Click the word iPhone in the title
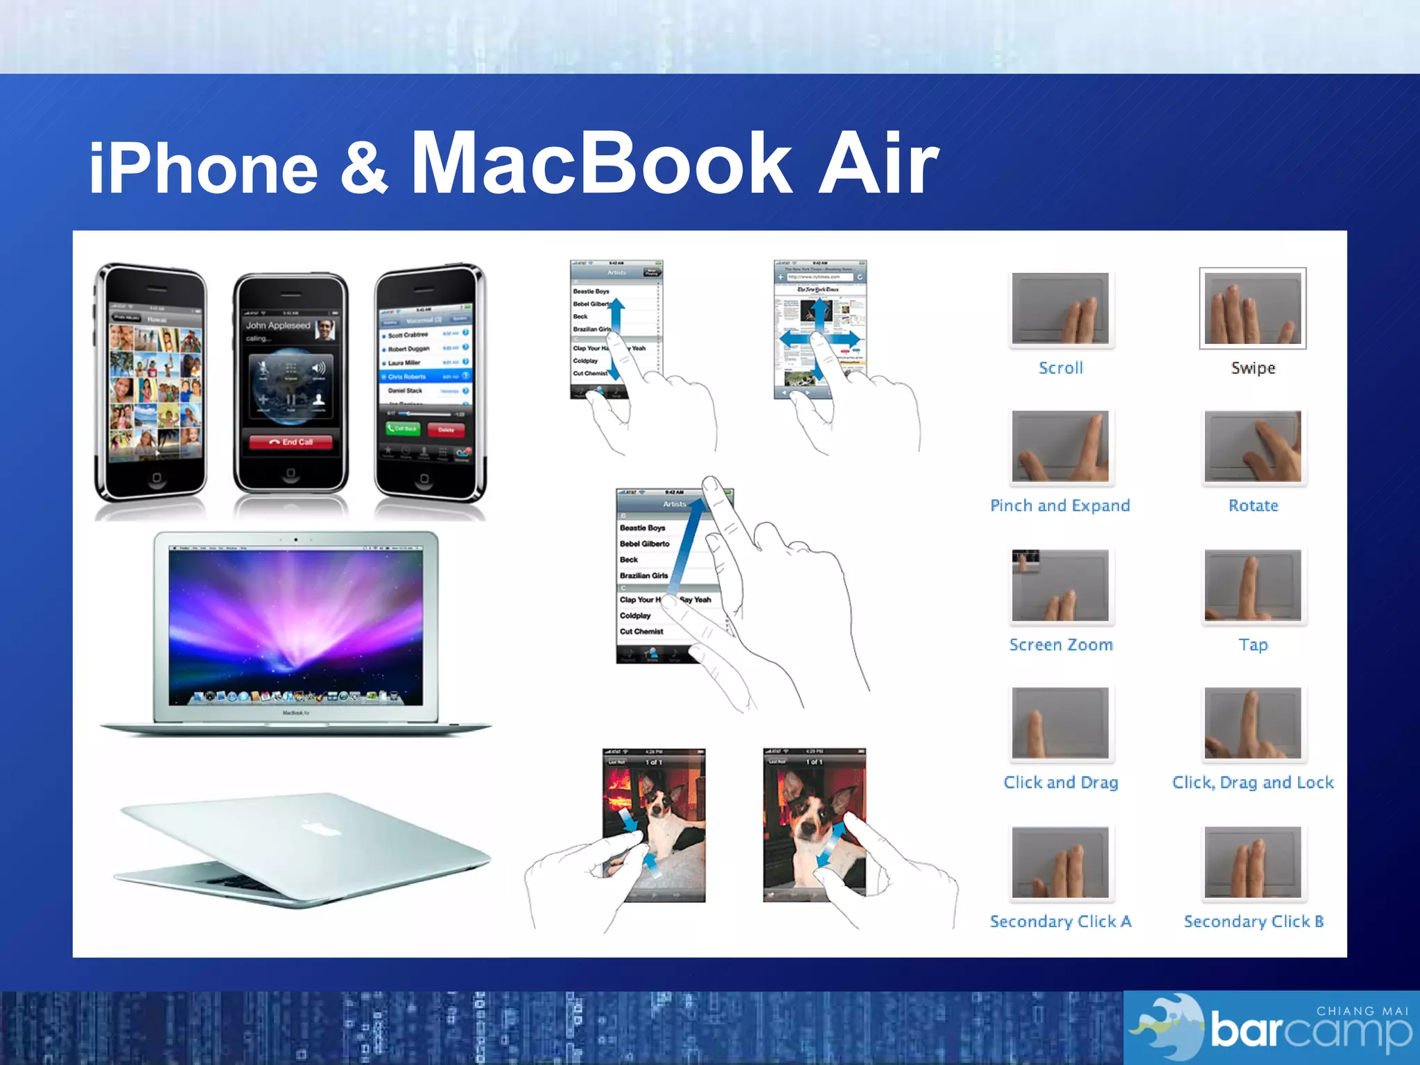(203, 168)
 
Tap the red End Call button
(291, 442)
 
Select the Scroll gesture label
(1060, 368)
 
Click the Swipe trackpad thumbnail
(1252, 308)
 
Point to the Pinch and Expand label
(1059, 506)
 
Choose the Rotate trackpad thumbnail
(1252, 446)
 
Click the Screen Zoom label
(1060, 645)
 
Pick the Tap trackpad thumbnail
(1252, 585)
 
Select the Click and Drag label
(1060, 783)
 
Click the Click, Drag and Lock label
(1252, 783)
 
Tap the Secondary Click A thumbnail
(1059, 862)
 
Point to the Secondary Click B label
(1253, 921)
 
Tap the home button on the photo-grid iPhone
(157, 478)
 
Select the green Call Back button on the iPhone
(402, 429)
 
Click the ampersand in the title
(363, 168)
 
